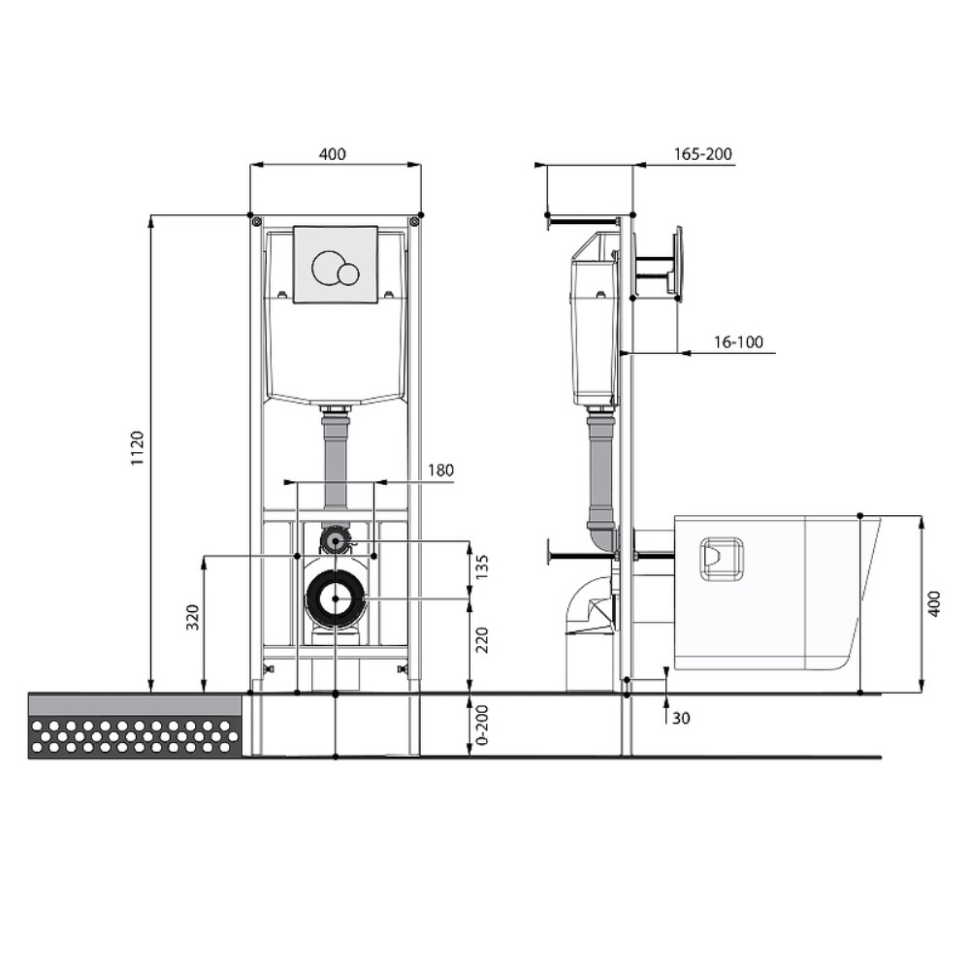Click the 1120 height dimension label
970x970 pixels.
138,448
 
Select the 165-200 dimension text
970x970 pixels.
702,154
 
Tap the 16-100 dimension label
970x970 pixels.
738,342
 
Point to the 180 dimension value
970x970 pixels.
440,470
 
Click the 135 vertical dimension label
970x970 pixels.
482,566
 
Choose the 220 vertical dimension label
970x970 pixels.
482,639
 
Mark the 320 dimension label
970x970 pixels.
193,617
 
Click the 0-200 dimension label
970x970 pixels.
482,725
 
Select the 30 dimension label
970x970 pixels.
681,718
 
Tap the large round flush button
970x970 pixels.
327,268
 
